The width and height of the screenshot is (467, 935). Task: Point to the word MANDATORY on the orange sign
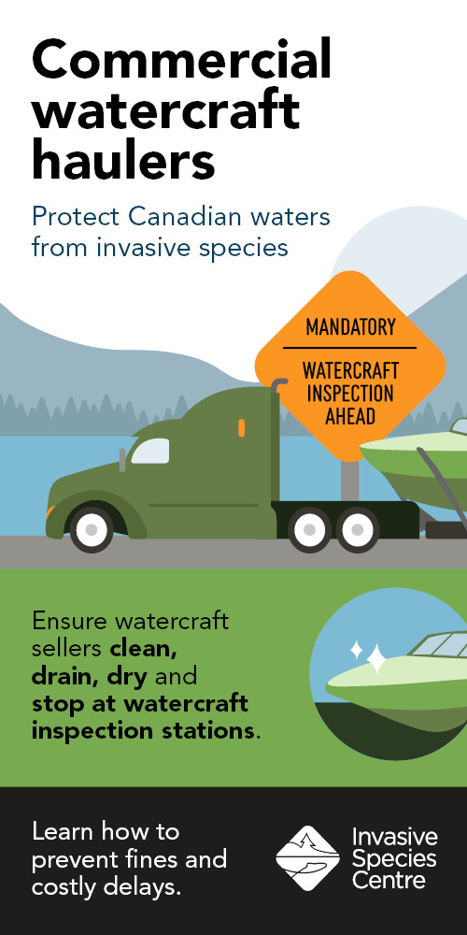tap(350, 327)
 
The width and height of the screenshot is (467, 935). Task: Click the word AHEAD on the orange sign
tap(350, 416)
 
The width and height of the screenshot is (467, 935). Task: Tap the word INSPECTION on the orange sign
tap(350, 394)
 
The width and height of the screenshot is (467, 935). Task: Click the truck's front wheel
tap(92, 529)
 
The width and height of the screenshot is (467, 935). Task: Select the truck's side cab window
tap(149, 451)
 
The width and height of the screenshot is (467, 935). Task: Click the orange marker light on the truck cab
tap(241, 427)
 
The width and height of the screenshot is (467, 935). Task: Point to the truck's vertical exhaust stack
tap(276, 441)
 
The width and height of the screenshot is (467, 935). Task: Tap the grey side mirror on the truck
tap(122, 460)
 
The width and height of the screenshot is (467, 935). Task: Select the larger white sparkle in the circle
tap(376, 658)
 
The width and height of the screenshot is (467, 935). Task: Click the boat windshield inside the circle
tap(441, 646)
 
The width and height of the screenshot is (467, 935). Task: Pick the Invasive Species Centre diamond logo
tap(307, 858)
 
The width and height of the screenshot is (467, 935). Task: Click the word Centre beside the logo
tap(389, 880)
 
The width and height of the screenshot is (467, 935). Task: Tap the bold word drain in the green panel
tap(65, 677)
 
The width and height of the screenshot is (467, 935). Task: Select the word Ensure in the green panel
tap(70, 621)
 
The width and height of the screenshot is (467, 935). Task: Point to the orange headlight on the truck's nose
tap(50, 511)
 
